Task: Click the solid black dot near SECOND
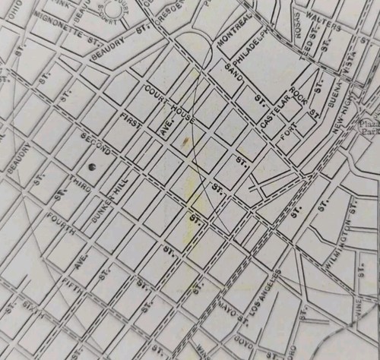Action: tap(91, 165)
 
